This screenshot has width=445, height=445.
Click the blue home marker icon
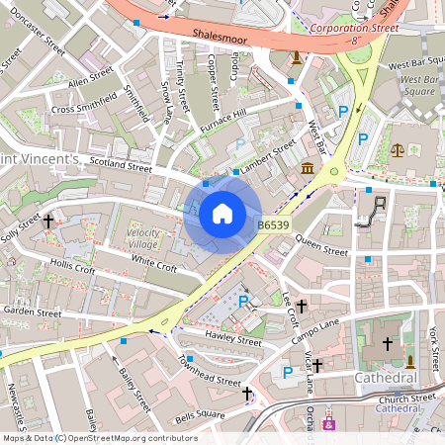tap(222, 214)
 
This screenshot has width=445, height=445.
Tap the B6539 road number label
tap(273, 225)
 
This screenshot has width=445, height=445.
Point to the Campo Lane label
tap(316, 323)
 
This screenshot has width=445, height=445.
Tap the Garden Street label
tap(33, 311)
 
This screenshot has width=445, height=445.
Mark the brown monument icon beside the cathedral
tap(409, 359)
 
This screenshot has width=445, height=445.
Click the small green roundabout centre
tap(334, 171)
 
